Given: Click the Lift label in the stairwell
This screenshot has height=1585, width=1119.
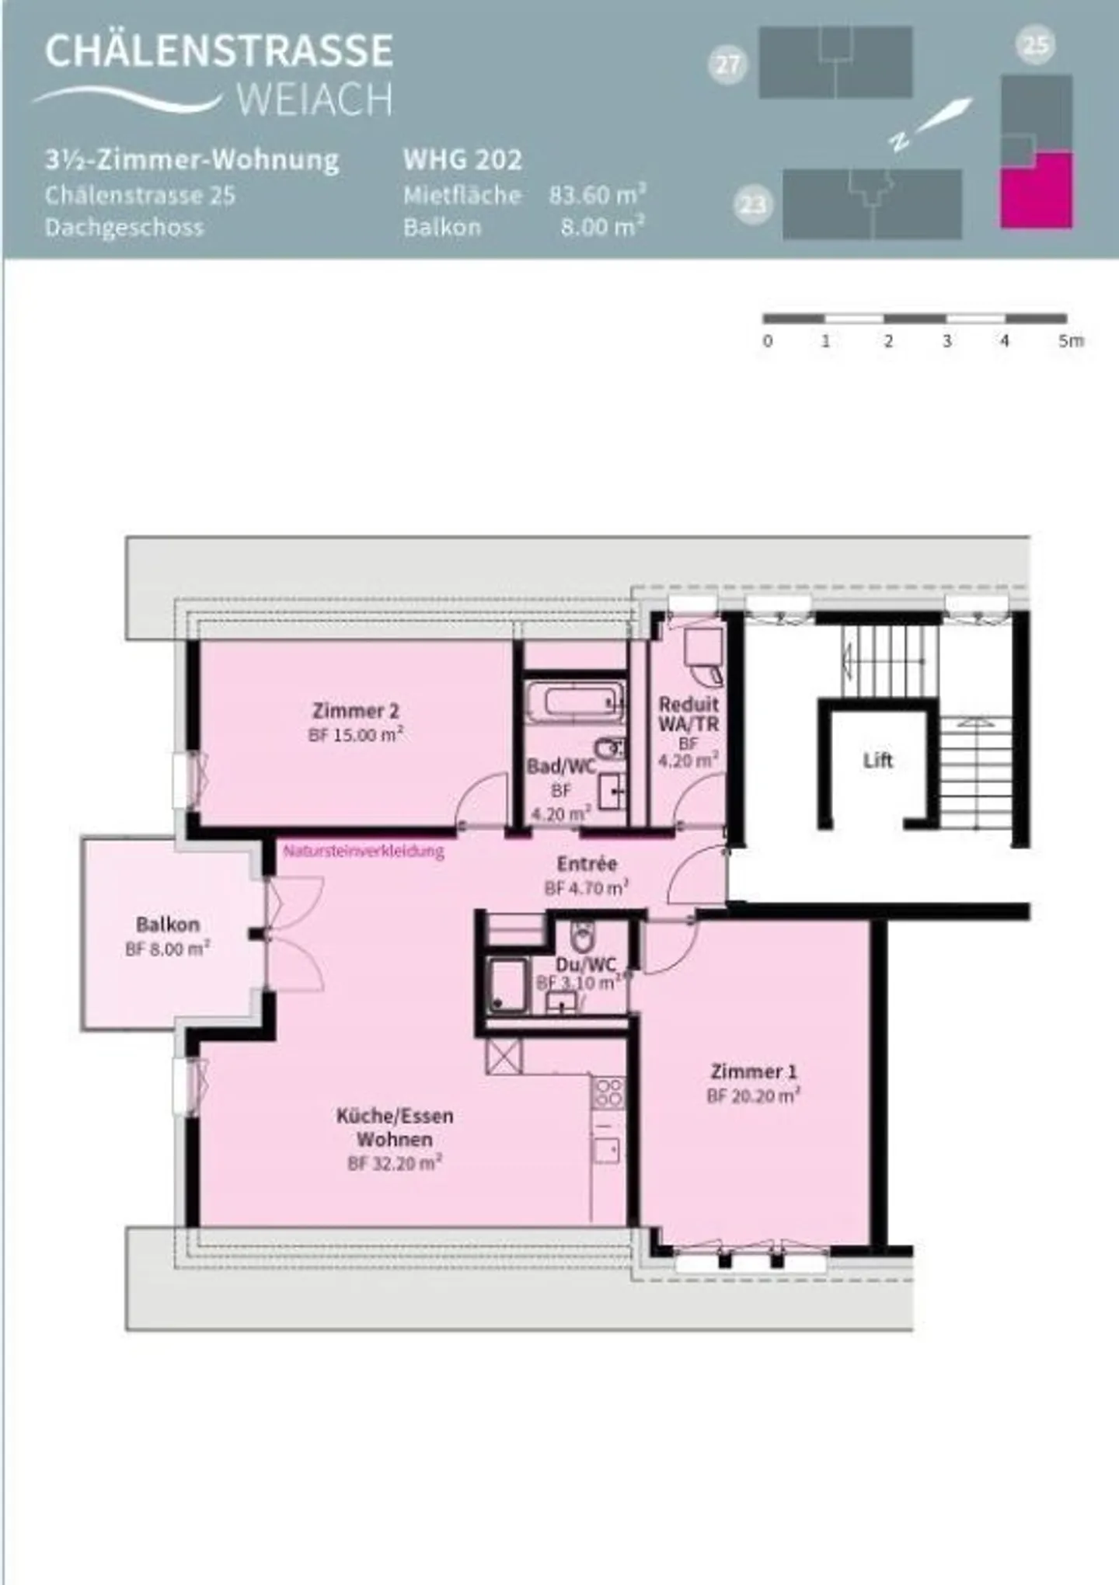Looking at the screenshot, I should tap(877, 760).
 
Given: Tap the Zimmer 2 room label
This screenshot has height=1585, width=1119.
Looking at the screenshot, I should tap(355, 710).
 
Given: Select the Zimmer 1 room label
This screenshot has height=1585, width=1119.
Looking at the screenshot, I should tap(753, 1071).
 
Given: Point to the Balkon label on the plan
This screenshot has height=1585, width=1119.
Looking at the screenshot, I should tap(168, 924).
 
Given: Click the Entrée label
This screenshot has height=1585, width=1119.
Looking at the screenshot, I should tap(587, 863).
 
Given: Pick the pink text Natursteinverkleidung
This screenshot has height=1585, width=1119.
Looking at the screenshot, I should tap(364, 851).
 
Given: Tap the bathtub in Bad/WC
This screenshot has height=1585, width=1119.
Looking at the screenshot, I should tap(576, 702).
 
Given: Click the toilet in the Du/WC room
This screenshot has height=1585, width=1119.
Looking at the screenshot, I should tap(581, 936).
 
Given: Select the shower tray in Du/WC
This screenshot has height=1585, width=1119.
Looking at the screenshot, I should tap(507, 986).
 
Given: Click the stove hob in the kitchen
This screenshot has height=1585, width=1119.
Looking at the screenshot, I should tap(608, 1092).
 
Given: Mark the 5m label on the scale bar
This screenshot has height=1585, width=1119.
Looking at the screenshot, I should tap(1070, 340).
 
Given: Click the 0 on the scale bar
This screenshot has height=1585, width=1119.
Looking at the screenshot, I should tap(768, 340).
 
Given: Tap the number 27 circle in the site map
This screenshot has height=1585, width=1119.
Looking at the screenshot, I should tap(728, 64).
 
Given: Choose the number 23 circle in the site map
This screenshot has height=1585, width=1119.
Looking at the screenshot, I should tap(752, 205).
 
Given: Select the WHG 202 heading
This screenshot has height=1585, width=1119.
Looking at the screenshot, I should tap(462, 160).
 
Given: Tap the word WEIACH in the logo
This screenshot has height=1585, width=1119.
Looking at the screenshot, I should tap(314, 99).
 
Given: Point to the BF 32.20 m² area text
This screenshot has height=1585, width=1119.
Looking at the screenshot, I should tap(395, 1163).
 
